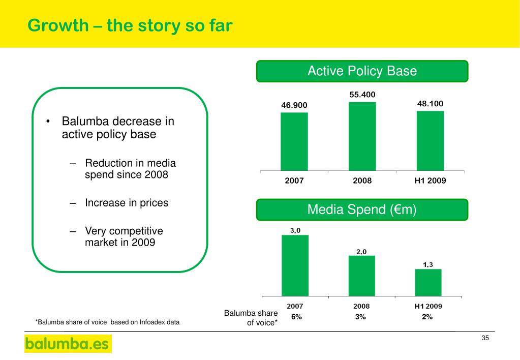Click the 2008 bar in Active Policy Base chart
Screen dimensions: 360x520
coord(362,136)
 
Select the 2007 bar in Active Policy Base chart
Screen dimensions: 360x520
coord(294,141)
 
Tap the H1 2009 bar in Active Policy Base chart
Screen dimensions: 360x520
coord(430,140)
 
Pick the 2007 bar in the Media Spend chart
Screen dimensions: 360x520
coord(295,265)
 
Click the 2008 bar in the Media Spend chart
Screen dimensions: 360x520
coord(361,276)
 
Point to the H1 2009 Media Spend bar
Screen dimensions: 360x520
coord(428,282)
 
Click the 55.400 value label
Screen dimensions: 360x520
coord(362,95)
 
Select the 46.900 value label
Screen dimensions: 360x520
coord(294,105)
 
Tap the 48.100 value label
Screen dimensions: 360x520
coord(430,104)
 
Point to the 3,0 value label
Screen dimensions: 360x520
coord(295,230)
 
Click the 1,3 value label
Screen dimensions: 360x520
coord(428,264)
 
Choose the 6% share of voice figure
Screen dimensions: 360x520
coord(296,317)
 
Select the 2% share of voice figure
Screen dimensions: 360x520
coord(427,317)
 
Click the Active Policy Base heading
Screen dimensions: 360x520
coord(362,71)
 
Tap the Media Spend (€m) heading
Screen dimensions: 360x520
coord(362,209)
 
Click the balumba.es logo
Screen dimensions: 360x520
coord(68,344)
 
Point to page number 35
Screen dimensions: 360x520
coord(484,339)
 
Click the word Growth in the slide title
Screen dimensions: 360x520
coord(57,25)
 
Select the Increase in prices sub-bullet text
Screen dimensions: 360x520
coord(126,203)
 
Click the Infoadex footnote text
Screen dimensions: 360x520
coord(107,321)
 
